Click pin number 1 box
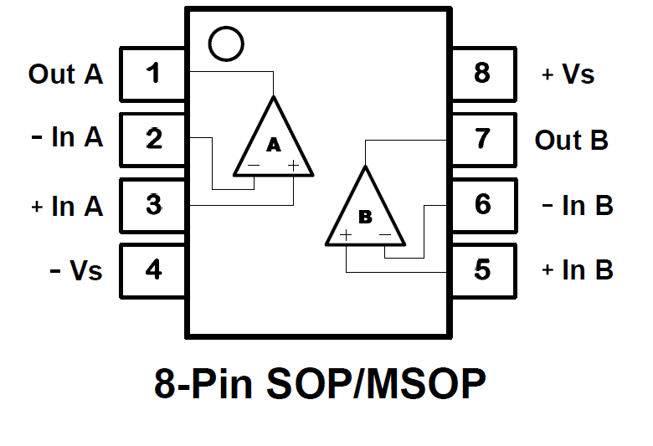click(153, 74)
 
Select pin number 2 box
click(153, 139)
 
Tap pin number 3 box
click(153, 204)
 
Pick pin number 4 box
click(153, 270)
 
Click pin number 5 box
click(483, 270)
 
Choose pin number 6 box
click(483, 204)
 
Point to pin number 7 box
click(483, 139)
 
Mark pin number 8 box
click(483, 74)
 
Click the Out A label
click(65, 74)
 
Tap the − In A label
click(67, 138)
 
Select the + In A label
click(67, 205)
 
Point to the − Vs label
click(76, 270)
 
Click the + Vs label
click(568, 74)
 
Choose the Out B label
click(571, 140)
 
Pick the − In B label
click(578, 205)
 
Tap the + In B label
click(578, 270)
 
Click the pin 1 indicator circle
click(225, 44)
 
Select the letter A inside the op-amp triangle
click(273, 146)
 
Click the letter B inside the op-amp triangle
click(365, 217)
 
